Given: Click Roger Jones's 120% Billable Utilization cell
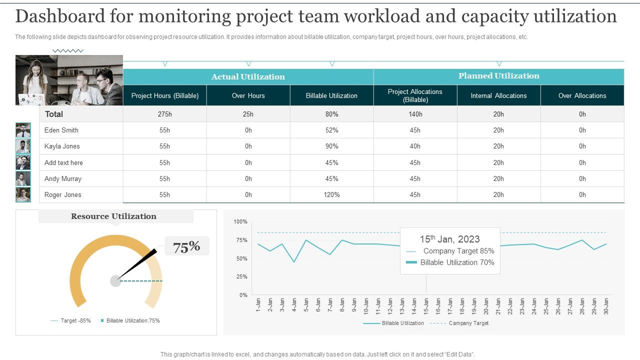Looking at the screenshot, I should click(331, 194).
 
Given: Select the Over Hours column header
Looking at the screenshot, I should click(248, 95).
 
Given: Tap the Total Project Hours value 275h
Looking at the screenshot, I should click(164, 114).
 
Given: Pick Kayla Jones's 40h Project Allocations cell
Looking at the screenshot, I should click(415, 146).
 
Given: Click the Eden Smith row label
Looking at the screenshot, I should click(61, 130).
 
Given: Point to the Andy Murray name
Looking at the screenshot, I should click(63, 178).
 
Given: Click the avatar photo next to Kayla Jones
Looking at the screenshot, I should click(23, 146).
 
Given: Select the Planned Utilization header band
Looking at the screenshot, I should click(498, 76).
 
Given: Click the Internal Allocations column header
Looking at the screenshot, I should click(498, 95).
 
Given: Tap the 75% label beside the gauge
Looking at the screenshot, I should click(186, 246).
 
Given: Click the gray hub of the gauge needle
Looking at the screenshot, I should click(115, 281).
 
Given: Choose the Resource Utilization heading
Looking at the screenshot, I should click(113, 216).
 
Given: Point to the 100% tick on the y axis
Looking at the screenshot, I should click(240, 221).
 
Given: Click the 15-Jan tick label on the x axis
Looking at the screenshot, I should click(426, 305).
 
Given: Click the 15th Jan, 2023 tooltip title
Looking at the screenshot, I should click(449, 239).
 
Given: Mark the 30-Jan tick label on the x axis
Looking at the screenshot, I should click(606, 305).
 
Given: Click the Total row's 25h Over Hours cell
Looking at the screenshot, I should click(248, 114).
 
